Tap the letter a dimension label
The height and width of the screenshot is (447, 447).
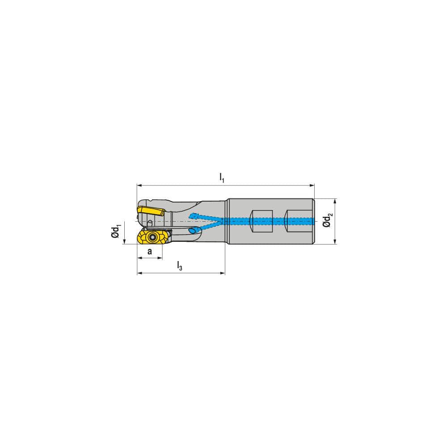(150, 252)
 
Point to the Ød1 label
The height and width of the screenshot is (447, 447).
(116, 232)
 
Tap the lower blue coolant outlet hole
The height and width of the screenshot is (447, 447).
(193, 231)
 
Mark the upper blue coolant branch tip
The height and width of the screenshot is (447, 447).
(193, 216)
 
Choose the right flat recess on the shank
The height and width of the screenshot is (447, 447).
(297, 221)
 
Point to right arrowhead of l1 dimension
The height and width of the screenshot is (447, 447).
(312, 184)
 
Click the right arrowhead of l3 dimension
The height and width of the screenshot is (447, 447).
(223, 273)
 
